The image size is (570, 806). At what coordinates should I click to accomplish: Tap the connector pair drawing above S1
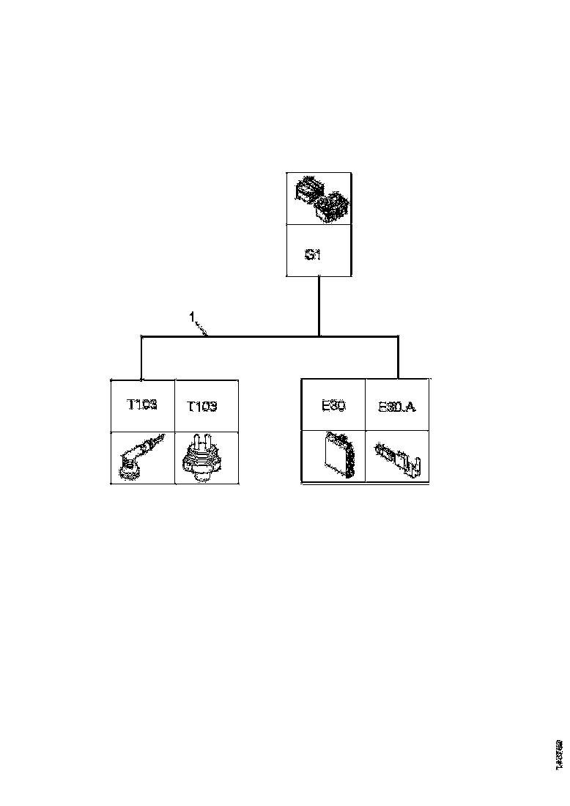coord(319,199)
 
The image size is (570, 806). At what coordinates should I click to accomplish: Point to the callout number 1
coord(191,317)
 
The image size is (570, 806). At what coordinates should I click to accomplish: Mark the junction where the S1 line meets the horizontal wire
coord(319,336)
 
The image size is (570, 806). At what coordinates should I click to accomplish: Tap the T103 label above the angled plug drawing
coord(142,404)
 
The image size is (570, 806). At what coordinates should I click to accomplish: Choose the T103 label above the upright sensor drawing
coord(202,406)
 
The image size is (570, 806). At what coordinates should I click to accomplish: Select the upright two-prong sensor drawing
coord(202,458)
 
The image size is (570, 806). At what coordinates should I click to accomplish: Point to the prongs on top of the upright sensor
coord(201,442)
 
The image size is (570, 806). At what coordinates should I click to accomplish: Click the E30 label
coord(333,404)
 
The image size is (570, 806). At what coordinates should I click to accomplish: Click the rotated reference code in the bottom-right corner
coord(558,754)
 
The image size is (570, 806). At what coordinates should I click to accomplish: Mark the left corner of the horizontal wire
coord(141,337)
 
